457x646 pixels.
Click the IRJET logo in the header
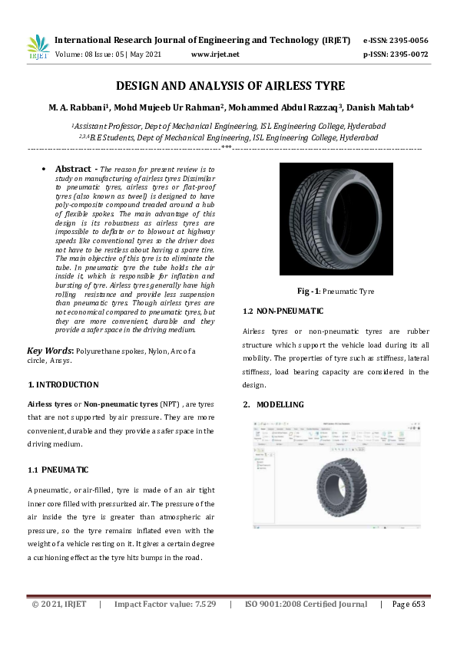(38, 46)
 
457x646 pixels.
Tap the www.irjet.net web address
(214, 54)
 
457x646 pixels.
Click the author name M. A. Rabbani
(81, 107)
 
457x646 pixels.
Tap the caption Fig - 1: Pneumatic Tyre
(336, 292)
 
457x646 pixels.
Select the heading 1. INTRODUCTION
(63, 384)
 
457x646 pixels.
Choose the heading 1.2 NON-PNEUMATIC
(283, 311)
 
